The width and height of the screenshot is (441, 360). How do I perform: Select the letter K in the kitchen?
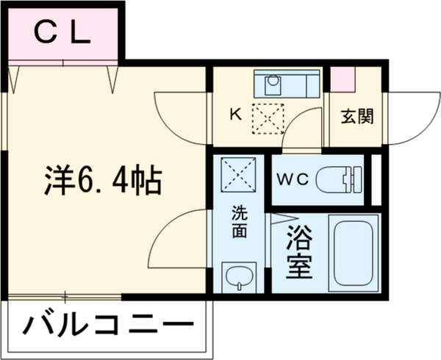[x=235, y=115]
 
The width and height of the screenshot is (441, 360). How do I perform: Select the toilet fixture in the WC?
[x=340, y=178]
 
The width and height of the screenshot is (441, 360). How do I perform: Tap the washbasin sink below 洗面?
[x=239, y=277]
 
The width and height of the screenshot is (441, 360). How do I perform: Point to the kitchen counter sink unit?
[x=287, y=84]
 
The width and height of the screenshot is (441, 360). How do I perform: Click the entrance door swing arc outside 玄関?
[x=408, y=118]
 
